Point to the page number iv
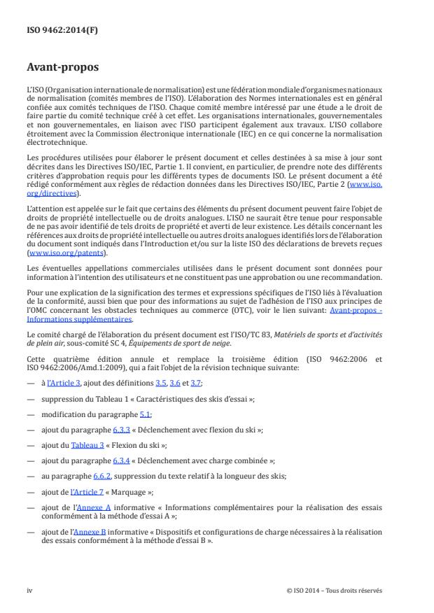(29, 591)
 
